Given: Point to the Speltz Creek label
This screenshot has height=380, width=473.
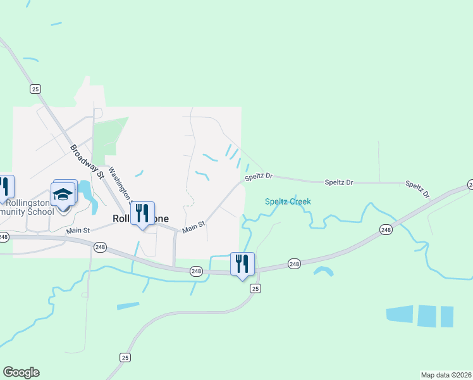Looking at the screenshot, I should pyautogui.click(x=288, y=201).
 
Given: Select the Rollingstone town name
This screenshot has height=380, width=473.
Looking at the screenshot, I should pyautogui.click(x=140, y=218).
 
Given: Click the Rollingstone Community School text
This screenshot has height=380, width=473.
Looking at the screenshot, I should pyautogui.click(x=29, y=207).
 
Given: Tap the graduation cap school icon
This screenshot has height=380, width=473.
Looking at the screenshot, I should pyautogui.click(x=63, y=194).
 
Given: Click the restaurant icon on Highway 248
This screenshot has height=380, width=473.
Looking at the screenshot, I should pyautogui.click(x=242, y=263).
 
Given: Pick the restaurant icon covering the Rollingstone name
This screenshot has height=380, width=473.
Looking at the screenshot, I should pyautogui.click(x=142, y=213).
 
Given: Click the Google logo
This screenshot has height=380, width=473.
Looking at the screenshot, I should pyautogui.click(x=21, y=372).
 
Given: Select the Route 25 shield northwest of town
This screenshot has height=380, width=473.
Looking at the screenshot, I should pyautogui.click(x=35, y=89).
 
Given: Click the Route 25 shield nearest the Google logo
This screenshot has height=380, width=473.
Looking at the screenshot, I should pyautogui.click(x=125, y=358).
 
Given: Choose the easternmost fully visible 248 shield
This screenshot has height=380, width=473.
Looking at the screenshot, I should pyautogui.click(x=386, y=229).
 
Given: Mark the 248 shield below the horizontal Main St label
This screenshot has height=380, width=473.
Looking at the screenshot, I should pyautogui.click(x=99, y=247).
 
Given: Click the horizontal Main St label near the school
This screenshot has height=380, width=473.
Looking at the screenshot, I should pyautogui.click(x=78, y=231).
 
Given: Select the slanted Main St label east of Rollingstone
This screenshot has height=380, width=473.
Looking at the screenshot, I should pyautogui.click(x=193, y=226).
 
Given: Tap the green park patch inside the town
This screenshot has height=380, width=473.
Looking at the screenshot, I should pyautogui.click(x=113, y=135).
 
